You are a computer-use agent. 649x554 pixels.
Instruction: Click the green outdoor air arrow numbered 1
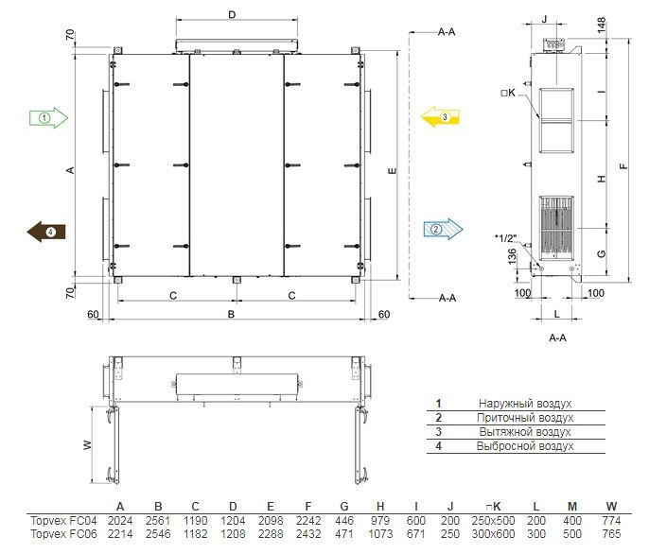point(48,118)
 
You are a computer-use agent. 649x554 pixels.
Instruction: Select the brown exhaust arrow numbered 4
point(46,232)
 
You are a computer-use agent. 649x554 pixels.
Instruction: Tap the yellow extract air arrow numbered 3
point(440,116)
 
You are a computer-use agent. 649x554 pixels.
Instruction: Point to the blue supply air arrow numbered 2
point(443,229)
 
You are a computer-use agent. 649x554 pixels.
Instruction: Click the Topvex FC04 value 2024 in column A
point(120,521)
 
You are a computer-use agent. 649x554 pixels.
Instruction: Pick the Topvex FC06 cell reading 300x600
point(493,534)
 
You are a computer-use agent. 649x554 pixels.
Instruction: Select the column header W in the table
point(611,507)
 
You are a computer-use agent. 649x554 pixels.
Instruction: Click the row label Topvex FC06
point(63,534)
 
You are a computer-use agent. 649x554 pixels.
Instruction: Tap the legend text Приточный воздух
point(525,418)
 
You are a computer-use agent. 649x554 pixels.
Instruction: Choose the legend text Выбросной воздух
point(525,446)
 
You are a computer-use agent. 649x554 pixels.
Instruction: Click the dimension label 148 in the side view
point(602,25)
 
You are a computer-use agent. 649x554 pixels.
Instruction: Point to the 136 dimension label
point(512,256)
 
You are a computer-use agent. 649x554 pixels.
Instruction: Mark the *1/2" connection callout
point(506,238)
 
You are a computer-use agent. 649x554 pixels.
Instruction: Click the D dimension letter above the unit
point(232,15)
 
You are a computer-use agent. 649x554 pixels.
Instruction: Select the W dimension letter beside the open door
point(87,445)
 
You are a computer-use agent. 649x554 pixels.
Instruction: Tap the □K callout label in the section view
point(508,93)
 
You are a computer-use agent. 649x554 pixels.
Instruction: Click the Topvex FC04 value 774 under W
point(611,521)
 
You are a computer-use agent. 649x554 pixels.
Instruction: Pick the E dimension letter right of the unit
point(393,170)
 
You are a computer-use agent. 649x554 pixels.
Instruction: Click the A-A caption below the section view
point(557,338)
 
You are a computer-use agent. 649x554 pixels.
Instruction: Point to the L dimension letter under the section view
point(556,314)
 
